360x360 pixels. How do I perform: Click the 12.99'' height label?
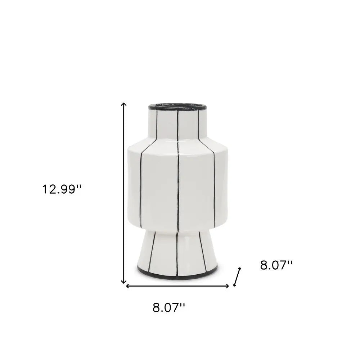tap(62, 189)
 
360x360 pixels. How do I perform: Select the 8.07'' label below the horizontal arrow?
tap(169, 307)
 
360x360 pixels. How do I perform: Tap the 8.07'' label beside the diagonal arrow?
tap(276, 266)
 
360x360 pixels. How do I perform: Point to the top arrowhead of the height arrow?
tap(124, 104)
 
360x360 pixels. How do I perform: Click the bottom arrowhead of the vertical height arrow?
tap(124, 282)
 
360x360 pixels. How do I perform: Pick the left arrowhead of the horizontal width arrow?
tap(127, 286)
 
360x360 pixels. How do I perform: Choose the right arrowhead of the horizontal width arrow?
tap(227, 286)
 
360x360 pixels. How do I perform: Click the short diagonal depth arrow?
tap(237, 277)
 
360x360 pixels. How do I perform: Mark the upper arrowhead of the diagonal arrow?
tap(240, 269)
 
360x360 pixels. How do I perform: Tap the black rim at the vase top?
tap(177, 107)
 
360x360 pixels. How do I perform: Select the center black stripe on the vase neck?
tap(178, 126)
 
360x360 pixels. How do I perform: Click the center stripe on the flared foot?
tap(177, 252)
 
